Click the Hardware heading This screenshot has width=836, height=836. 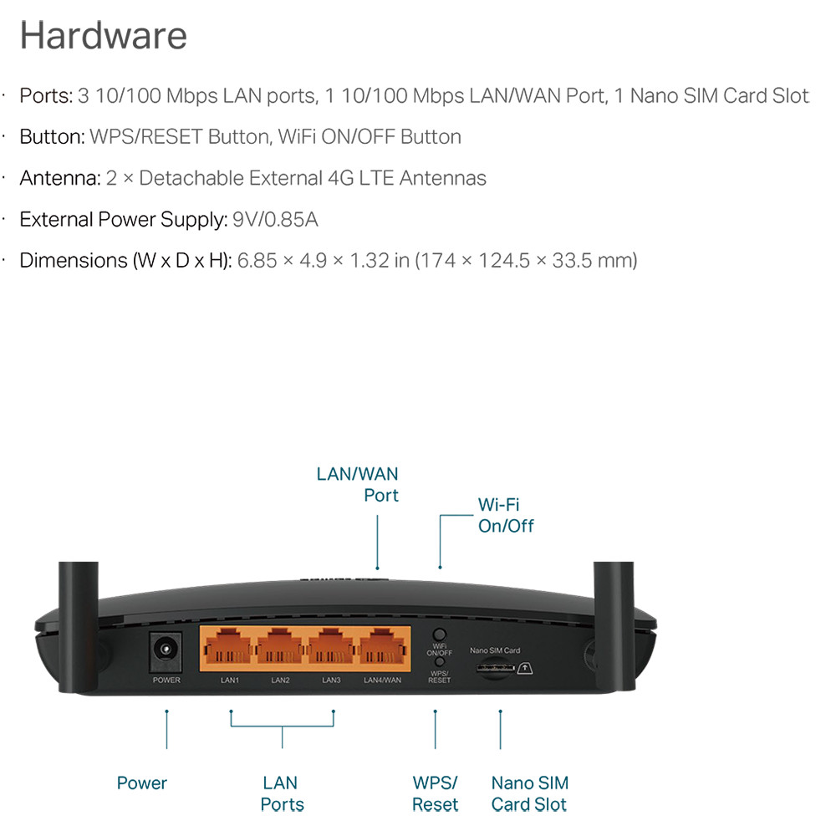tap(104, 35)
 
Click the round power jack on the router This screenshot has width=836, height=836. tap(166, 650)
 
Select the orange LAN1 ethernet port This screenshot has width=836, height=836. tap(227, 646)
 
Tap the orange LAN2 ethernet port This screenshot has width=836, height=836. tap(279, 646)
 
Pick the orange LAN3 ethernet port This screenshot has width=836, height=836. tap(330, 646)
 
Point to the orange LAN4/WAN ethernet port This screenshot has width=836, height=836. tap(382, 646)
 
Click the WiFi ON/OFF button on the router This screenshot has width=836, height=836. tap(440, 635)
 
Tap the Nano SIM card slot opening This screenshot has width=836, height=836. tap(495, 667)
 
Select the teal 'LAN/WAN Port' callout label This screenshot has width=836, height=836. tap(357, 484)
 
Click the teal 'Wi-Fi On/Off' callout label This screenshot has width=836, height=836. tap(506, 515)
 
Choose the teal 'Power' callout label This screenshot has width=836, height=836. tap(142, 782)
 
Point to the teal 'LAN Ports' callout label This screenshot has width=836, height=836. tap(282, 793)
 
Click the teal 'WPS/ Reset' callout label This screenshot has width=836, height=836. tap(435, 793)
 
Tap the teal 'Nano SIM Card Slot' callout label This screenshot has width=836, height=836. tap(529, 793)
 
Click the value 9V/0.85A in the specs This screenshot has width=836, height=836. tap(275, 219)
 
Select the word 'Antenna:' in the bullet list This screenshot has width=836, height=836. tap(60, 178)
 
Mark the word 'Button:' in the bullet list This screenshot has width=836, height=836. tap(52, 137)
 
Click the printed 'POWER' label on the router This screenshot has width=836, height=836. tap(166, 680)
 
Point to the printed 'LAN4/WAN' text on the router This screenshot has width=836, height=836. tap(382, 680)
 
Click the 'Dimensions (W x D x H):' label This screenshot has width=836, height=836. tap(126, 261)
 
